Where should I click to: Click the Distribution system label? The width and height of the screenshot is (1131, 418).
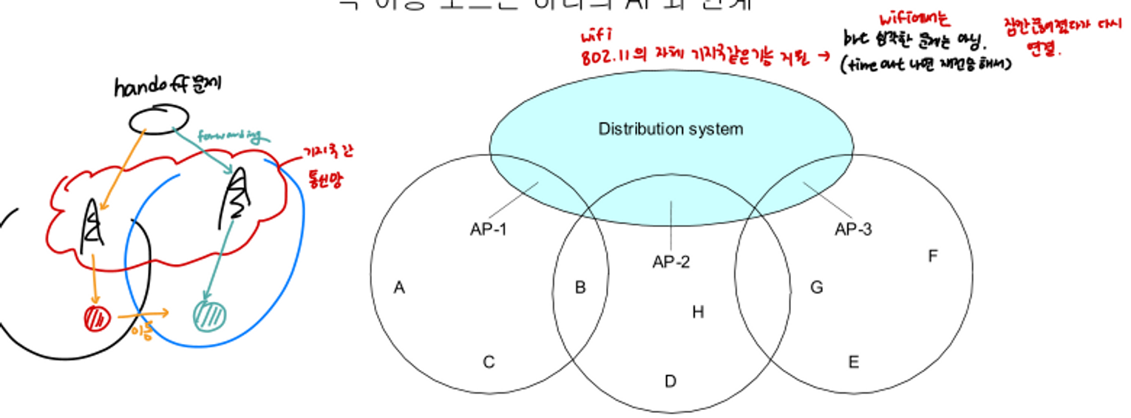(x=670, y=129)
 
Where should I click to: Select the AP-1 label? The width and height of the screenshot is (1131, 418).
(x=488, y=229)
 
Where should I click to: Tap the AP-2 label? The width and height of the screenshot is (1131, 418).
(x=670, y=262)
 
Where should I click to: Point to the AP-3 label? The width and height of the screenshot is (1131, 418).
(x=853, y=229)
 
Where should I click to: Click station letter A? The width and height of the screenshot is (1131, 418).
(x=399, y=288)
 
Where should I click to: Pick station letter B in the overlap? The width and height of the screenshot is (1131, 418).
(x=580, y=288)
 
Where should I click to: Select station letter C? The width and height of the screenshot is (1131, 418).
(x=489, y=363)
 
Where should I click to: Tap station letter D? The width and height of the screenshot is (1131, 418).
(x=670, y=382)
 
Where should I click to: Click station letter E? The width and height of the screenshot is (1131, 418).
(x=853, y=363)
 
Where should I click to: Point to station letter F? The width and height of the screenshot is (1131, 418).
(x=933, y=256)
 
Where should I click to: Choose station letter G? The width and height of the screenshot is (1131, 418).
(x=817, y=288)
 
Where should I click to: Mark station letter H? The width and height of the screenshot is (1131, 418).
(x=698, y=312)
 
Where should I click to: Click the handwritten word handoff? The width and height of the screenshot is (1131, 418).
(x=151, y=87)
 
